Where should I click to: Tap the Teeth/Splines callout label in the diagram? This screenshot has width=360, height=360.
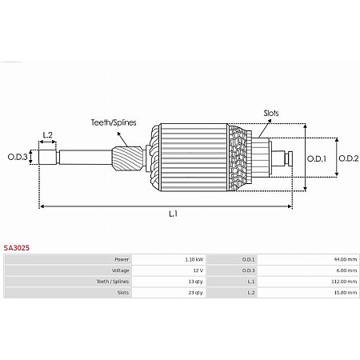click(x=113, y=122)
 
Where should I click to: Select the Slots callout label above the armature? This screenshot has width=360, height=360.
click(x=271, y=114)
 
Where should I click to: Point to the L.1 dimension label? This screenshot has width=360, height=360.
click(x=172, y=214)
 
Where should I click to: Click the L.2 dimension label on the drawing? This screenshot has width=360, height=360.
click(x=47, y=134)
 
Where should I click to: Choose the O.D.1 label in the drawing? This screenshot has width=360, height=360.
click(x=318, y=158)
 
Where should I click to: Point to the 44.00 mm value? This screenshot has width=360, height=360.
click(x=346, y=260)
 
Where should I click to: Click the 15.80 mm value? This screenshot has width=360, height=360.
click(x=346, y=293)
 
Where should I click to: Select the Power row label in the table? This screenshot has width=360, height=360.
click(x=122, y=260)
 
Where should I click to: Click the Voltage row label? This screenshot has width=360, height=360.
click(x=120, y=270)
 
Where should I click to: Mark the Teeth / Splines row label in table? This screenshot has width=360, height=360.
click(x=114, y=282)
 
